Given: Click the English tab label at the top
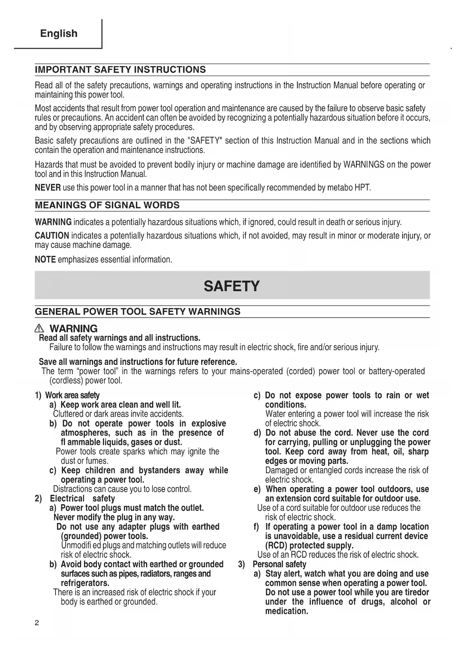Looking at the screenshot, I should (59, 33).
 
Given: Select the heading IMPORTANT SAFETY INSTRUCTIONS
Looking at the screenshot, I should (120, 70).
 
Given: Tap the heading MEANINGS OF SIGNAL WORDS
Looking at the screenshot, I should (107, 206).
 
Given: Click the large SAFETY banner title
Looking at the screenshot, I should (232, 286).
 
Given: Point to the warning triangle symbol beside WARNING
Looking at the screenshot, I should (42, 329).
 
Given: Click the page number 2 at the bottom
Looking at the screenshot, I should (37, 623).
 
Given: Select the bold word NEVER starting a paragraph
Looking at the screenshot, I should (48, 187).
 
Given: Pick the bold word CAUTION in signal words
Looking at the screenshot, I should (52, 236).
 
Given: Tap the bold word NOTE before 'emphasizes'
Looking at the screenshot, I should (45, 260).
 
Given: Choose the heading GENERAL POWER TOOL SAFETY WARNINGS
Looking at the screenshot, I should (137, 312).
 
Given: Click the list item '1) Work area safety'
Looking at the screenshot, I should (67, 395).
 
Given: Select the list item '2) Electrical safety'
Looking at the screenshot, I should (75, 499).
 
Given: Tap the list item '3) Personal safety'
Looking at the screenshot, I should (272, 564).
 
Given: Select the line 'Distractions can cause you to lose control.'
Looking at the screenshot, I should (122, 489).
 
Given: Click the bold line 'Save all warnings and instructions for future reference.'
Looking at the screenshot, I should (138, 362).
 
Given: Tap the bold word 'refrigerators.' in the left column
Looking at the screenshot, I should (85, 583).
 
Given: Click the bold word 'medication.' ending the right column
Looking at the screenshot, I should (287, 611).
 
